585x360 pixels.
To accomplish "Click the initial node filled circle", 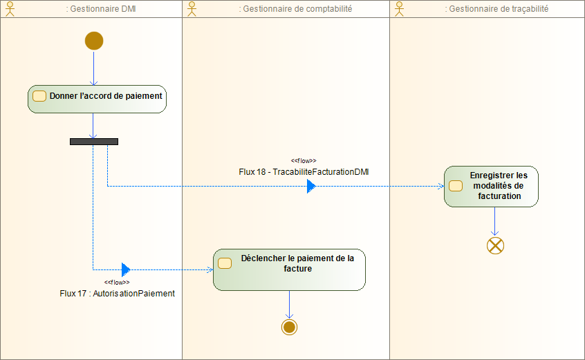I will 94,41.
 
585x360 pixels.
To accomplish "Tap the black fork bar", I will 94,142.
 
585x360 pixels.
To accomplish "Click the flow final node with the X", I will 495,245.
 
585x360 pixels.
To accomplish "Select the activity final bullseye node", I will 289,327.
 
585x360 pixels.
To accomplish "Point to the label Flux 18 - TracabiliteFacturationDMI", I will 304,171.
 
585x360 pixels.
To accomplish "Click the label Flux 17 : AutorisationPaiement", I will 118,293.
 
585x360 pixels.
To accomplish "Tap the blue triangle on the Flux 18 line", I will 311,187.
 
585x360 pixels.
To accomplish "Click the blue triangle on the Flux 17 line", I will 126,269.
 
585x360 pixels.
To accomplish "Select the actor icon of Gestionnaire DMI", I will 10,8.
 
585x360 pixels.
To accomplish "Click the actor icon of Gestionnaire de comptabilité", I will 192,8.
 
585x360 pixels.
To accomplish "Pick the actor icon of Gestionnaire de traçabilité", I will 400,8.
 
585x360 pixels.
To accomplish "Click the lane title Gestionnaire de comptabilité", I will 295,9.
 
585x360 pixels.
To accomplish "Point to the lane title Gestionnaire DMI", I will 105,9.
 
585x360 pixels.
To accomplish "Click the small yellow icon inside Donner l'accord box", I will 39,96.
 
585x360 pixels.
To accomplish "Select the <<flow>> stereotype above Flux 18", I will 304,160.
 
